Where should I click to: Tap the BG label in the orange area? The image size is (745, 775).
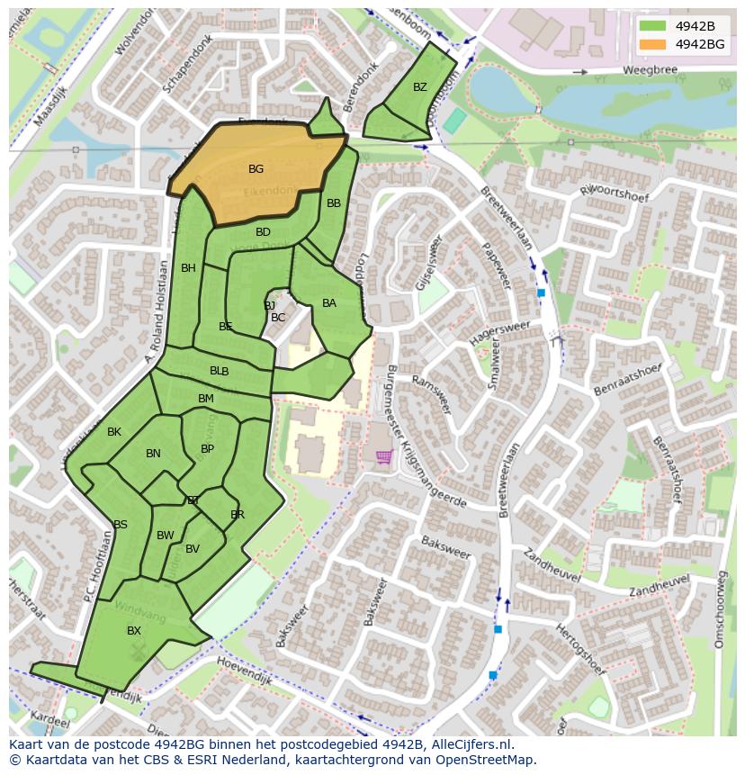click(256, 169)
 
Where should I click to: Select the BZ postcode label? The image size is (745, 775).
click(420, 87)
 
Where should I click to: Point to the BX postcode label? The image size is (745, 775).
click(134, 631)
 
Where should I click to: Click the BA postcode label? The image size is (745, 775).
click(329, 303)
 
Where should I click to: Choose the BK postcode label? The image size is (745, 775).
click(114, 432)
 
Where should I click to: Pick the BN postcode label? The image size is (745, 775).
click(153, 454)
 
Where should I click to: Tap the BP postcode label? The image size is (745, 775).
click(207, 449)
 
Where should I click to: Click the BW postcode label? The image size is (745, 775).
click(165, 536)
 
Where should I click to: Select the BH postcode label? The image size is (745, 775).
click(188, 268)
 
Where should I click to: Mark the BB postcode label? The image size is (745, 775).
click(334, 203)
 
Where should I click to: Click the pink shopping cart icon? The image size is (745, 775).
click(383, 457)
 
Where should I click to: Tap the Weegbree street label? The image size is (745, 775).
click(647, 70)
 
